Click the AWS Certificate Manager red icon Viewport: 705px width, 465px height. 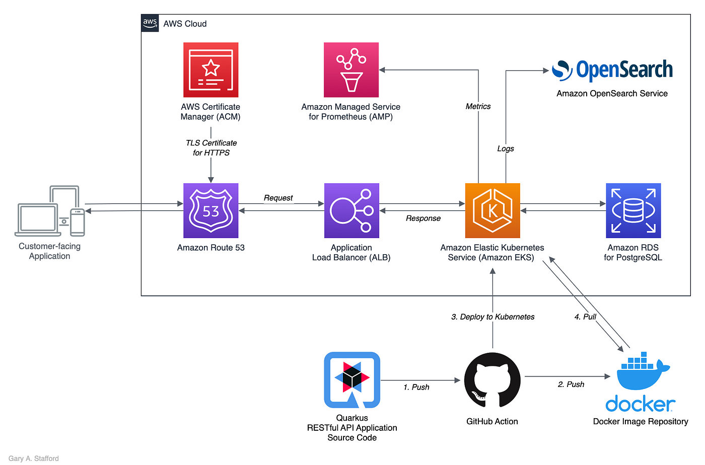[210, 69]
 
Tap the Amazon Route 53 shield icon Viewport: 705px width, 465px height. [210, 210]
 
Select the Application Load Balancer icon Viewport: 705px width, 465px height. [351, 210]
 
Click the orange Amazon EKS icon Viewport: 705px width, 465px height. [492, 210]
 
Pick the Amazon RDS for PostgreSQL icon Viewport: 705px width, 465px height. [633, 210]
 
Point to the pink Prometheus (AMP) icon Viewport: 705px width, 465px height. [351, 69]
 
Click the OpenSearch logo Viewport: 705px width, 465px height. [612, 70]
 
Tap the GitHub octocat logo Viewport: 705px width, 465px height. [492, 380]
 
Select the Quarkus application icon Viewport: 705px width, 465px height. [352, 380]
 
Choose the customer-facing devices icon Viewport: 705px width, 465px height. [50, 211]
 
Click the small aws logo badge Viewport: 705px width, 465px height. [150, 23]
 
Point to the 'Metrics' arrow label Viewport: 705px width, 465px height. [478, 107]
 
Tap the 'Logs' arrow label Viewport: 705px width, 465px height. [506, 148]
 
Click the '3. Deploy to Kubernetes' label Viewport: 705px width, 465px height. [492, 317]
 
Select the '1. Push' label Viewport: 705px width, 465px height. [416, 387]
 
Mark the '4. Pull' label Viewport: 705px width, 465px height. [585, 317]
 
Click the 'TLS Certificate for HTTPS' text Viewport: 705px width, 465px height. [211, 148]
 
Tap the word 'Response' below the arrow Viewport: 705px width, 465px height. [423, 218]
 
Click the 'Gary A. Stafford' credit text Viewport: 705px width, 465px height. [34, 458]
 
